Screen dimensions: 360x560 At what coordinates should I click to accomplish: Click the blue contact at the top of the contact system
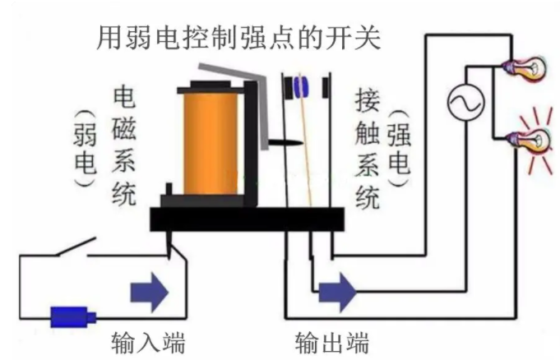[302, 84]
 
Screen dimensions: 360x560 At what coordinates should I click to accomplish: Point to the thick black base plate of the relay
[247, 219]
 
